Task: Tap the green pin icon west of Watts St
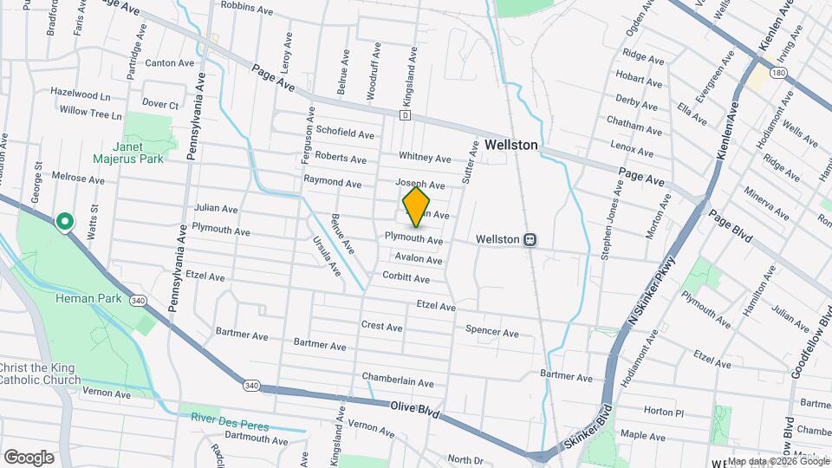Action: click(x=64, y=223)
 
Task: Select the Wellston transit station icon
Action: click(x=532, y=239)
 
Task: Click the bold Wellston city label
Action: click(x=510, y=146)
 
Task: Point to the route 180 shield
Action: click(x=779, y=74)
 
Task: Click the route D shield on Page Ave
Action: click(x=405, y=114)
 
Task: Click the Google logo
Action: click(x=29, y=457)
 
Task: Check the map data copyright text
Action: click(x=777, y=461)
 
